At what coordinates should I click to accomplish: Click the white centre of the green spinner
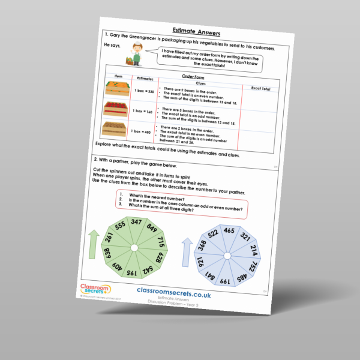click(134, 247)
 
